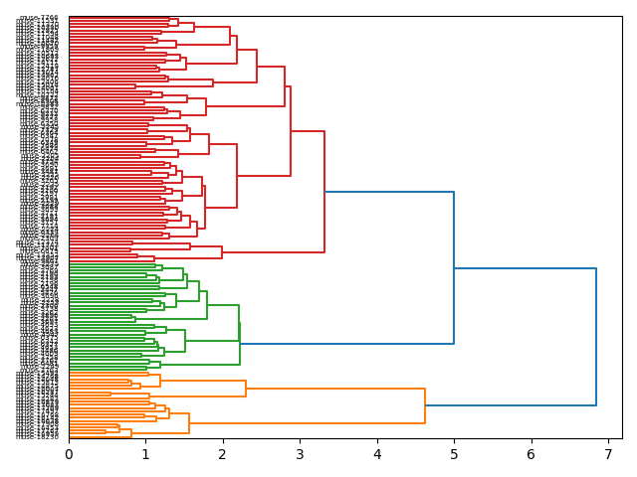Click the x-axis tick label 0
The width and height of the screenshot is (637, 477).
69,454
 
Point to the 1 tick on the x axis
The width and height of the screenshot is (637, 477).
145,454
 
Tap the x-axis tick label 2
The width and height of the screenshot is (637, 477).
223,454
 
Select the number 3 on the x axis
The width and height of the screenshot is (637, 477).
300,454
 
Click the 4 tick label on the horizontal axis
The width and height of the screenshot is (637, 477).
377,454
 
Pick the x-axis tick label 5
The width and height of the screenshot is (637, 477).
454,454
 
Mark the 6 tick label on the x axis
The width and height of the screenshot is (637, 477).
531,454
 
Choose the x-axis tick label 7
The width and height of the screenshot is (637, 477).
608,454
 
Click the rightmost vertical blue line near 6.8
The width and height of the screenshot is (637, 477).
596,337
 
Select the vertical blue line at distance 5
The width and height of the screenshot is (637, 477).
454,267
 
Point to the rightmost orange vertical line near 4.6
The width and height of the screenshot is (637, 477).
425,405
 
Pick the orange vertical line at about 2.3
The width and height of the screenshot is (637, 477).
246,389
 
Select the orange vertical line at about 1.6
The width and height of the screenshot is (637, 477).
189,422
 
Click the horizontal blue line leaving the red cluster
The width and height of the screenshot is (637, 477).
389,192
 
